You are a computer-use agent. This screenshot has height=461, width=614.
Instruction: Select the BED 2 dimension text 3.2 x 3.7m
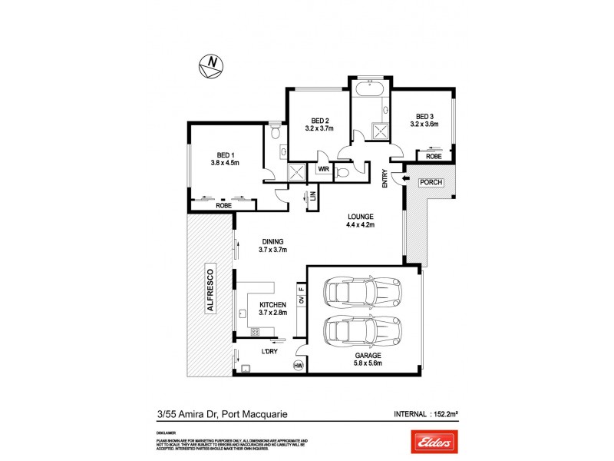pos(320,128)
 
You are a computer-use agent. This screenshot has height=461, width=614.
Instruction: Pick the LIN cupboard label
pos(312,197)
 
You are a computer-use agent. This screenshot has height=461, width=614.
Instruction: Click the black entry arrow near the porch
pos(396,180)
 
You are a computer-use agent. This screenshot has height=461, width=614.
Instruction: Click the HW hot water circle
pos(298,366)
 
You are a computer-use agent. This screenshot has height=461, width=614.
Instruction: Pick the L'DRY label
pos(270,352)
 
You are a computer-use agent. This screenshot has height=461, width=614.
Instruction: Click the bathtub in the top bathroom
pos(371,96)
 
